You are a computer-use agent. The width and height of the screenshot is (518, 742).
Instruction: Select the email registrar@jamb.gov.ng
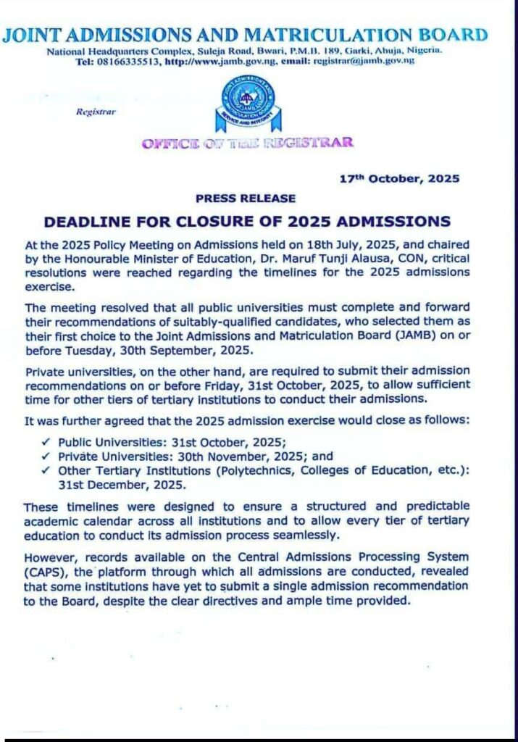(x=363, y=62)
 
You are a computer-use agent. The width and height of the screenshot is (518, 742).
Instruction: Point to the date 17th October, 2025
(x=400, y=178)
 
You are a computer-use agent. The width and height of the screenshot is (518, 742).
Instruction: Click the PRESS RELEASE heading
(x=246, y=198)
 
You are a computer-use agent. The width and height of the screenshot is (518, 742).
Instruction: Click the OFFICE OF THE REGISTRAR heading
(x=248, y=143)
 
